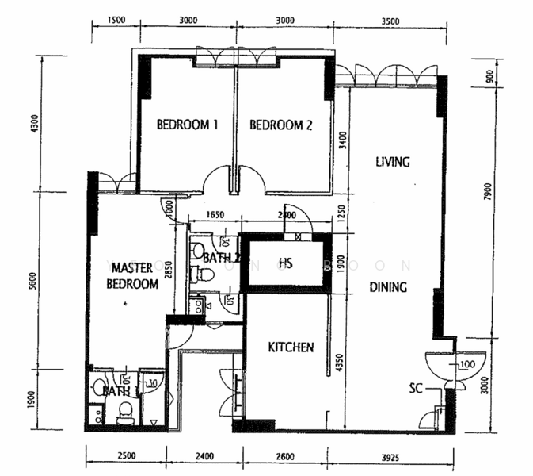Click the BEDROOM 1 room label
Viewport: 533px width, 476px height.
pos(187,125)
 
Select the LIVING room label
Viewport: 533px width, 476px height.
pos(392,162)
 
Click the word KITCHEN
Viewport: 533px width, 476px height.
pos(291,347)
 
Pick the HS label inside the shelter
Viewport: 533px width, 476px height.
pos(286,263)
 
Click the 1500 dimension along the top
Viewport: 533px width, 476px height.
pos(115,21)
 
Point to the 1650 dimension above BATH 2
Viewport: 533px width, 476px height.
pos(215,214)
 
